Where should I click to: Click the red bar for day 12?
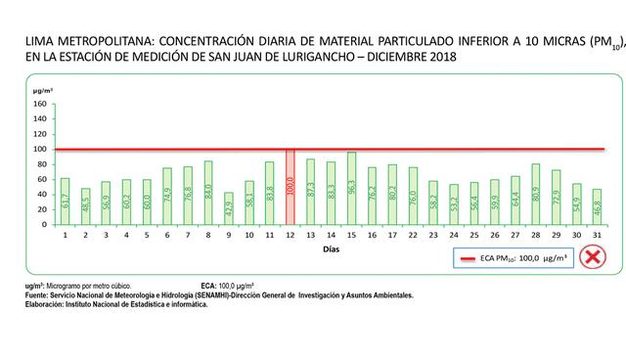coord(291,188)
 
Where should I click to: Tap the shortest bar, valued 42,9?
coord(229,208)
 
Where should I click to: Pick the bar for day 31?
coord(598,207)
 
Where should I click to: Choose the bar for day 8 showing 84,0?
coord(207,193)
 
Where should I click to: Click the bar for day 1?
coord(66,202)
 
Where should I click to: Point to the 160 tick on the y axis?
coord(40,104)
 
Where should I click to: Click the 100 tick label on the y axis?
coord(40,149)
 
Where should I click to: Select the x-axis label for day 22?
coord(413,235)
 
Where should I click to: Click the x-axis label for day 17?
coord(391,235)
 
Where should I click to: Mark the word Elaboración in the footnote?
coord(45,304)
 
